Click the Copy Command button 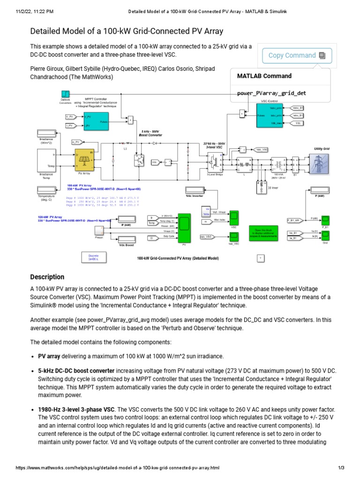tap(297, 55)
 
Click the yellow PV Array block tap(84, 160)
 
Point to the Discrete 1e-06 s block tap(93, 256)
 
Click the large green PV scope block tap(184, 227)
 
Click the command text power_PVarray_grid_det tap(265, 93)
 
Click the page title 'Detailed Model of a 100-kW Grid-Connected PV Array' tap(127, 31)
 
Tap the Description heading tap(47, 277)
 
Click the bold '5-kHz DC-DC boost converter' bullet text tap(76, 370)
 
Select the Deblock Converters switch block tap(65, 94)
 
